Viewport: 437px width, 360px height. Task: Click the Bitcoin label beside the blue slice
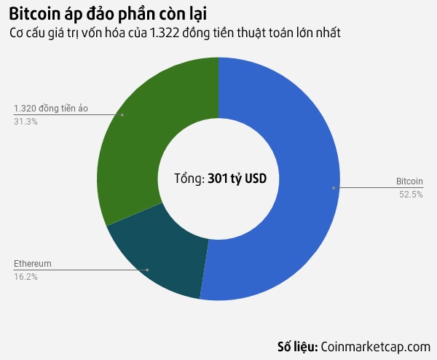pos(409,181)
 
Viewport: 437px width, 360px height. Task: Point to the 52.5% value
pos(411,194)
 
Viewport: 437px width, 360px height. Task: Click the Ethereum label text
pos(33,263)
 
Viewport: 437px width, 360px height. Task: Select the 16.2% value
pos(25,276)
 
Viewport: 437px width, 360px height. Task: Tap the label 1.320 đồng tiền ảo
pos(50,109)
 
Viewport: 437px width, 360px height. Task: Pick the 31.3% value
pos(25,122)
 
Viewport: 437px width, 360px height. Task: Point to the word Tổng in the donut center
pos(189,178)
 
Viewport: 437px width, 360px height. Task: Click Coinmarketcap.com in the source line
pos(376,346)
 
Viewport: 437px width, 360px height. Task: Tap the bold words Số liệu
pos(297,346)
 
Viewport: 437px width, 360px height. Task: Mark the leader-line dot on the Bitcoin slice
pos(334,188)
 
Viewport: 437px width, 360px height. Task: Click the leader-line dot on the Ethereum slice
pos(147,270)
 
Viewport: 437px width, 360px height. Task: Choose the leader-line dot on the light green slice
pos(122,115)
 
